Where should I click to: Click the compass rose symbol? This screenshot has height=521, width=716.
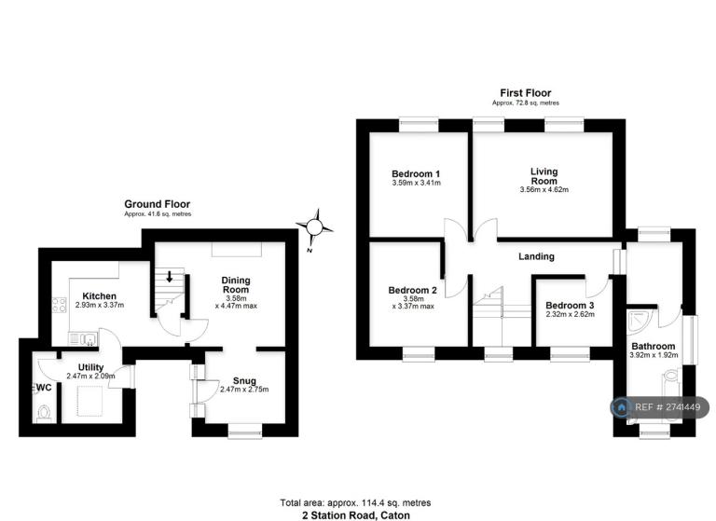tap(314, 226)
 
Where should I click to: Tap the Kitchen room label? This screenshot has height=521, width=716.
tap(99, 295)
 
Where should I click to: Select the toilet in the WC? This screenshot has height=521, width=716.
tap(44, 413)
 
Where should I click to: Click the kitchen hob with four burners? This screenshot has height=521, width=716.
tap(60, 305)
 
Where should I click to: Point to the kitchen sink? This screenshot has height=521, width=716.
tap(83, 339)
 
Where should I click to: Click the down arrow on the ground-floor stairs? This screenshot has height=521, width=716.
tap(169, 276)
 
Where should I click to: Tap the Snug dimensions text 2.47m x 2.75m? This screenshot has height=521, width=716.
tap(244, 390)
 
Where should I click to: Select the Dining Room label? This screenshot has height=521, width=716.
tap(236, 284)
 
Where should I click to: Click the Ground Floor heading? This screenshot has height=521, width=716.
tap(157, 204)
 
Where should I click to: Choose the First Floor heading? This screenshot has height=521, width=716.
tap(526, 93)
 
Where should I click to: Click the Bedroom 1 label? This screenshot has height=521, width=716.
tap(416, 174)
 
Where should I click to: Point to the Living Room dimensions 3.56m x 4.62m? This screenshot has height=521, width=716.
tap(544, 189)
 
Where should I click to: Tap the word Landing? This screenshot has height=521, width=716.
tap(536, 256)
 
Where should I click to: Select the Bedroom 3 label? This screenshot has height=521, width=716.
tap(570, 306)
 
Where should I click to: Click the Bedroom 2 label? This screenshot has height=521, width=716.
tap(412, 291)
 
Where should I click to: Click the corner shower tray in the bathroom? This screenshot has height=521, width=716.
tap(640, 321)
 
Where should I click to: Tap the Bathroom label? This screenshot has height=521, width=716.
tap(654, 346)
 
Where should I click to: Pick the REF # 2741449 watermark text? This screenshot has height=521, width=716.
tap(668, 407)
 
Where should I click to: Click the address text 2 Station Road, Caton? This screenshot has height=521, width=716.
tap(356, 515)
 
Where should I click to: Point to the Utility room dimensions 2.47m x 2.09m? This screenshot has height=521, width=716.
tap(90, 377)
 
